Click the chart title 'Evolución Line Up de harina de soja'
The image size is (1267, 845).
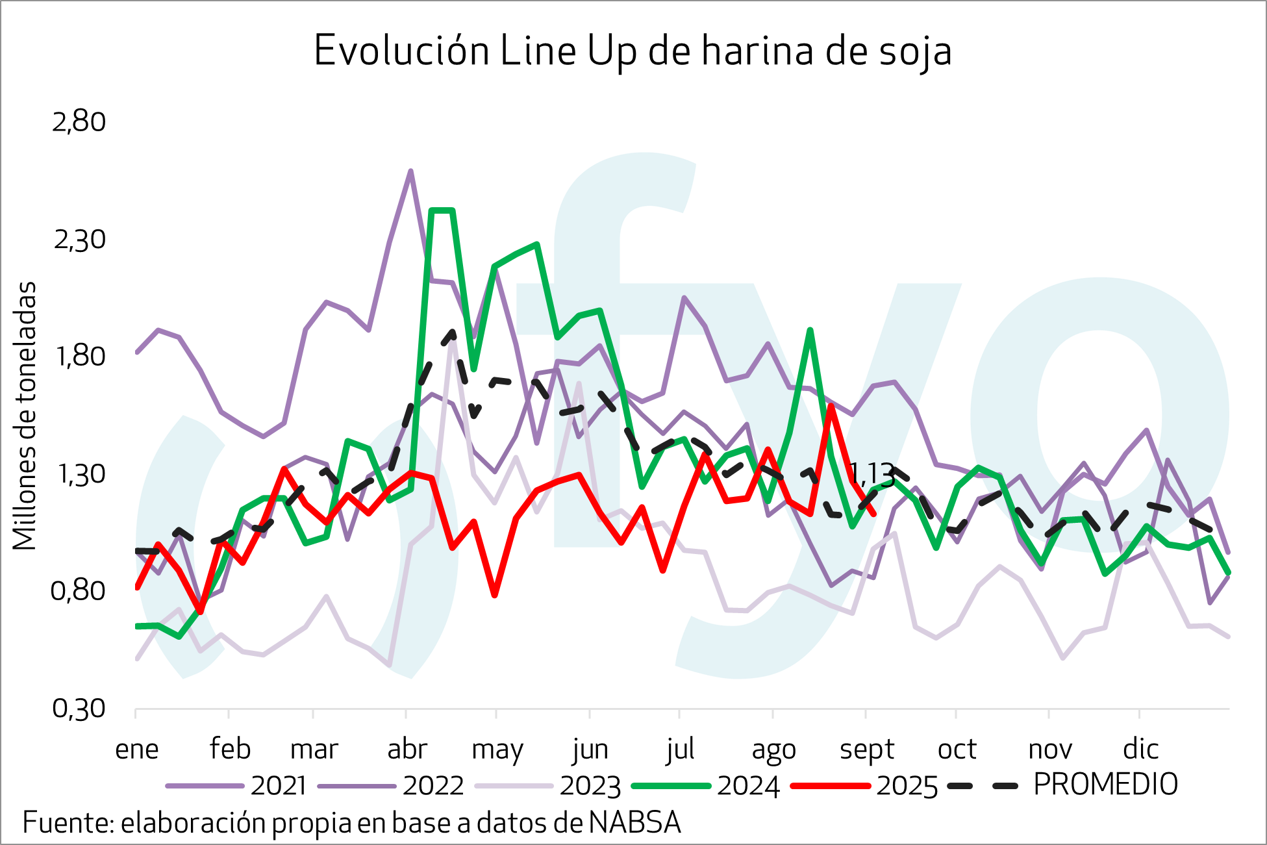(633, 51)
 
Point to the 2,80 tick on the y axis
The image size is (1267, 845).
(79, 122)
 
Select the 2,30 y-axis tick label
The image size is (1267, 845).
(79, 240)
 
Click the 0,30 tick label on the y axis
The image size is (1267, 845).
(79, 709)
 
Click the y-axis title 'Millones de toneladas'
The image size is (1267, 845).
(25, 416)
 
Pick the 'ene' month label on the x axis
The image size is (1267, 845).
(137, 750)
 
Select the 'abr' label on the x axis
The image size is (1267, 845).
(407, 750)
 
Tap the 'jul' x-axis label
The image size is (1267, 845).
(680, 750)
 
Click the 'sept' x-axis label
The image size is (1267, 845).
(867, 750)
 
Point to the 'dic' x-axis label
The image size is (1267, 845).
(1140, 750)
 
